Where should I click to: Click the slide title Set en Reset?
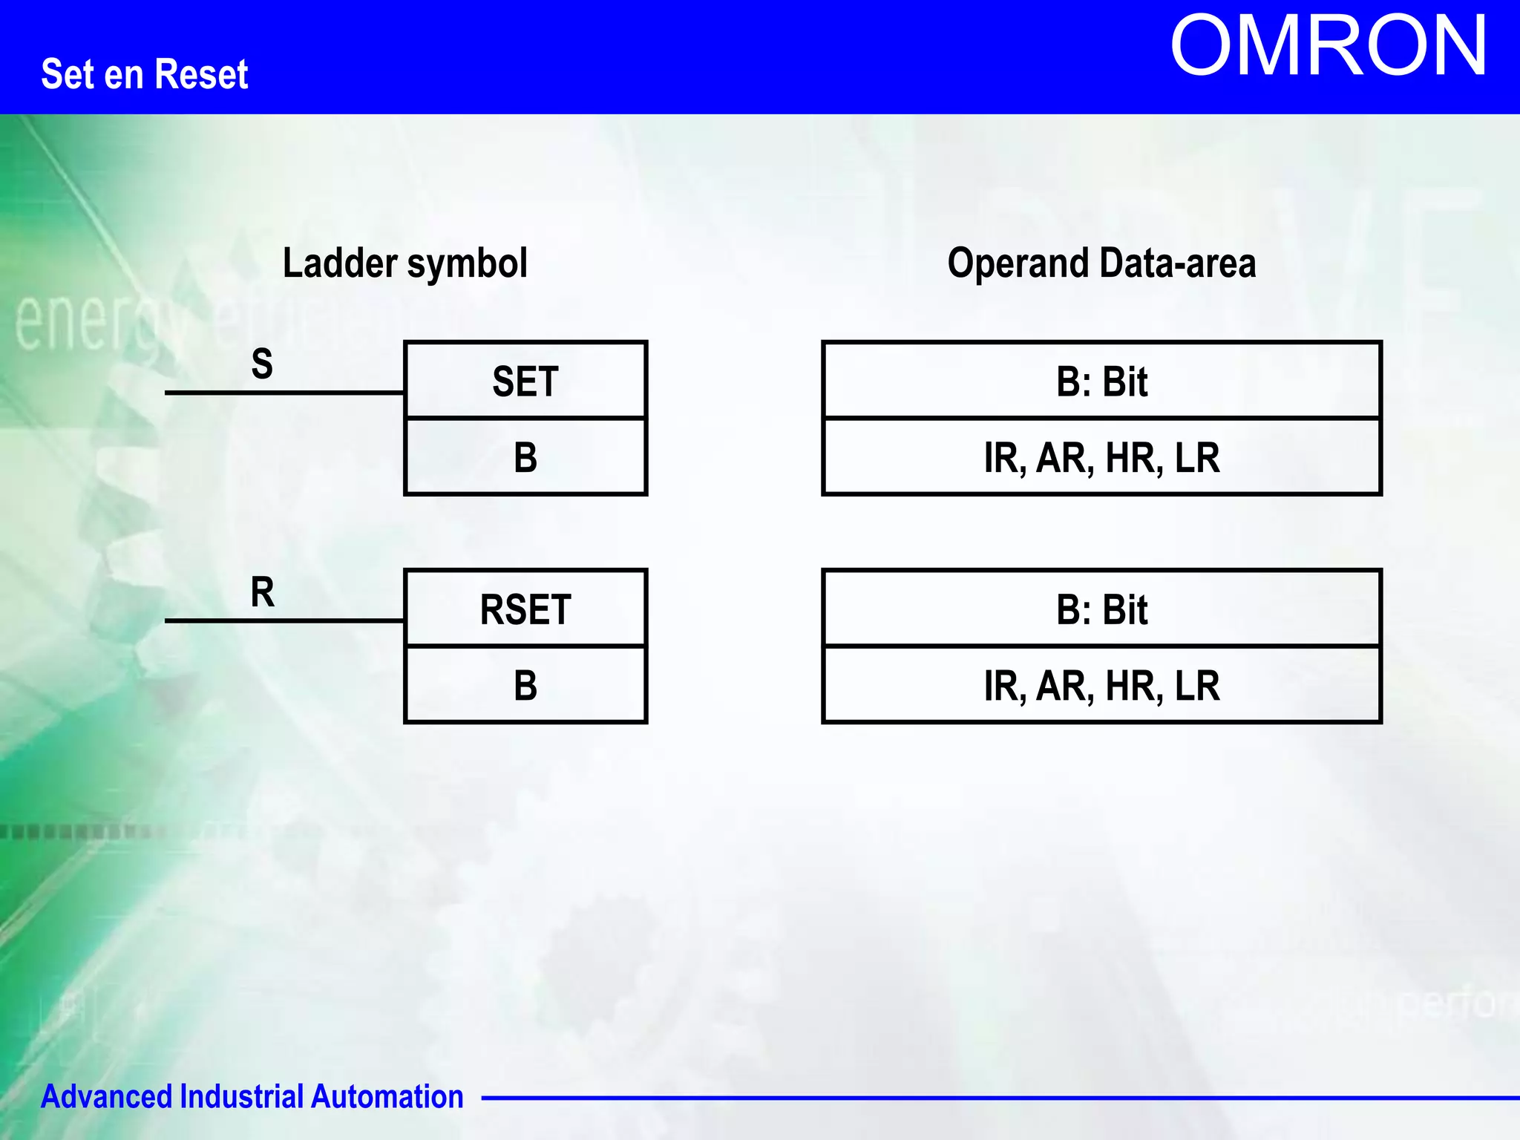[144, 74]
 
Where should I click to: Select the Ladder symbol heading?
[404, 263]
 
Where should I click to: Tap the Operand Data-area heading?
[1101, 263]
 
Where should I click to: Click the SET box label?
[525, 381]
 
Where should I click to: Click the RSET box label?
[525, 610]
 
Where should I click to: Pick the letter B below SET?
[525, 458]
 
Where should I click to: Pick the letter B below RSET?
[525, 686]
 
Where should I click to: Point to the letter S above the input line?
[262, 364]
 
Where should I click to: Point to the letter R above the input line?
[262, 592]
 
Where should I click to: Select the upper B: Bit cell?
[1101, 381]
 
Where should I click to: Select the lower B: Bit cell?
[1101, 610]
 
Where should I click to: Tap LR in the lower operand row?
[1197, 686]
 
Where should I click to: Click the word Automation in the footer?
[387, 1096]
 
